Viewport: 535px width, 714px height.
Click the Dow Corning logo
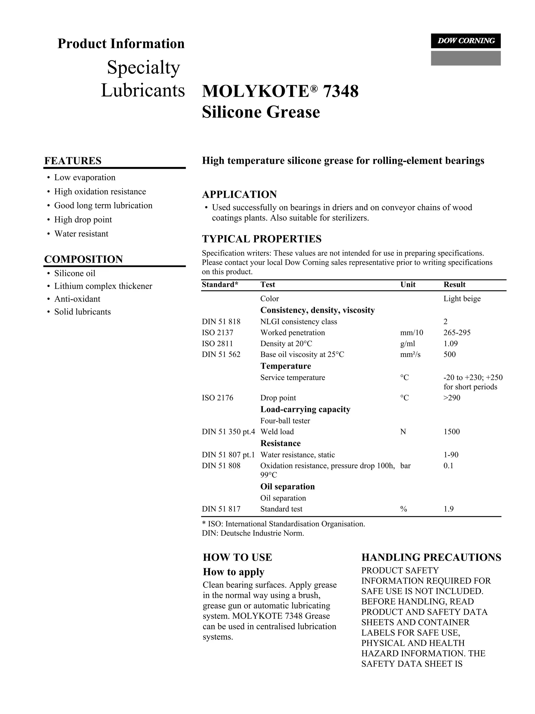click(x=465, y=41)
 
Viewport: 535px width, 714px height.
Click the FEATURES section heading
click(x=73, y=161)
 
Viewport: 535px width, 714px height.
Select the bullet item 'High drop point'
click(x=83, y=220)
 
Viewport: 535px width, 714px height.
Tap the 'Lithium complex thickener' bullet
click(x=103, y=286)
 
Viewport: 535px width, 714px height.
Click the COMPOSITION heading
click(x=83, y=259)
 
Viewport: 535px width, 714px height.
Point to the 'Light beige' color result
click(x=462, y=299)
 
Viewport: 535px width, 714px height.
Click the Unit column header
click(x=408, y=285)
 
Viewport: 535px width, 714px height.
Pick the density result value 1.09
click(x=450, y=344)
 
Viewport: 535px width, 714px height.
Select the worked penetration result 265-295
click(x=457, y=333)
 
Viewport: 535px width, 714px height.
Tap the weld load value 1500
click(x=451, y=432)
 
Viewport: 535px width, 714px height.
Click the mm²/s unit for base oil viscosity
click(x=410, y=355)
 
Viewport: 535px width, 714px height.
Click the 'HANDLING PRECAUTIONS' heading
click(x=431, y=558)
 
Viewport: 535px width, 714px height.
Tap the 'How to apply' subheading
click(x=233, y=572)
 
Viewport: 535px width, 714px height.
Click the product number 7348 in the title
click(x=340, y=91)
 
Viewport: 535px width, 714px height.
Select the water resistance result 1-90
click(x=451, y=455)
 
